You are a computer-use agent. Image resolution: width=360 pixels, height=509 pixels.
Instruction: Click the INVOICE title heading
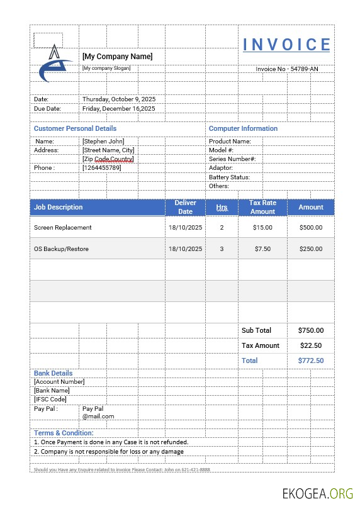coord(286,45)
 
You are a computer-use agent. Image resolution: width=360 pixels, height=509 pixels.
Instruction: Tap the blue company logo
coord(55,64)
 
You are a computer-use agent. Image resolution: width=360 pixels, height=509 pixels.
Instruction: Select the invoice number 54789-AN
coord(286,69)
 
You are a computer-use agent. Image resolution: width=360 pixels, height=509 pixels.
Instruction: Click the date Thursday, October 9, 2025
coord(119,99)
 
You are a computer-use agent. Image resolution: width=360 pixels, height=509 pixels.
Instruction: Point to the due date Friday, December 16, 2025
coord(119,109)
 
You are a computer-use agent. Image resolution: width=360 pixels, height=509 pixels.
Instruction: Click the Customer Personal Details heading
coord(75,128)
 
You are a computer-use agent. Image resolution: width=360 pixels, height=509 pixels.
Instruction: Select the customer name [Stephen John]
coord(103,142)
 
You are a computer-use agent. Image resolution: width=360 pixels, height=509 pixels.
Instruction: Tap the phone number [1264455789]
coord(102,168)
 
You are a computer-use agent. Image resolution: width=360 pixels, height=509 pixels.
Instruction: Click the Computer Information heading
coord(243,128)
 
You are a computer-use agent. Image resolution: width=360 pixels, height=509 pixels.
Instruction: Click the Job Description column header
coord(59,207)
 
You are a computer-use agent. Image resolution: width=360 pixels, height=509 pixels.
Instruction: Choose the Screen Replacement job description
coord(63,228)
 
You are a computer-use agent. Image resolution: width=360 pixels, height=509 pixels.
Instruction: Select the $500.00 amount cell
coord(311,228)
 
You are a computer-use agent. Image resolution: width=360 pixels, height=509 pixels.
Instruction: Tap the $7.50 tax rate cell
coord(262,249)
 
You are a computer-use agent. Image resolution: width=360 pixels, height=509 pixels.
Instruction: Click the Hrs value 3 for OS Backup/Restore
coord(222,249)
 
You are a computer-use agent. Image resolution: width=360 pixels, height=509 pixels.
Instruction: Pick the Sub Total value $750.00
coord(311,330)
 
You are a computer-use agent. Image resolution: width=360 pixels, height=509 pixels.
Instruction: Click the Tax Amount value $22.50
coord(311,345)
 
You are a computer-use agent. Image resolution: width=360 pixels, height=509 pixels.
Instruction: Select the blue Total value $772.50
coord(311,361)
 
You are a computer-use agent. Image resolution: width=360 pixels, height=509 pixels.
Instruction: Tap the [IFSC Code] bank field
coord(50,400)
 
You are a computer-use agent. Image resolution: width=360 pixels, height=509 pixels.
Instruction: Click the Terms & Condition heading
coord(64,433)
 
